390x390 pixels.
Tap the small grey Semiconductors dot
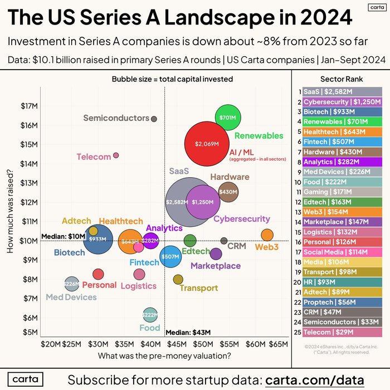point(154,119)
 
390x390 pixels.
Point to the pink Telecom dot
point(116,155)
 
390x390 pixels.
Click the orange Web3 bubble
point(267,235)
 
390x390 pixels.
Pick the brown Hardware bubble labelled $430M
point(228,192)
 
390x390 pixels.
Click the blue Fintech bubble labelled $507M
point(170,257)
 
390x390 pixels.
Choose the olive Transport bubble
point(178,279)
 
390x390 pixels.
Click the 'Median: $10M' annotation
point(61,235)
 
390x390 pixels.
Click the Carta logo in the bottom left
point(25,379)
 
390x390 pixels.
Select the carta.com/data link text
point(325,380)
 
